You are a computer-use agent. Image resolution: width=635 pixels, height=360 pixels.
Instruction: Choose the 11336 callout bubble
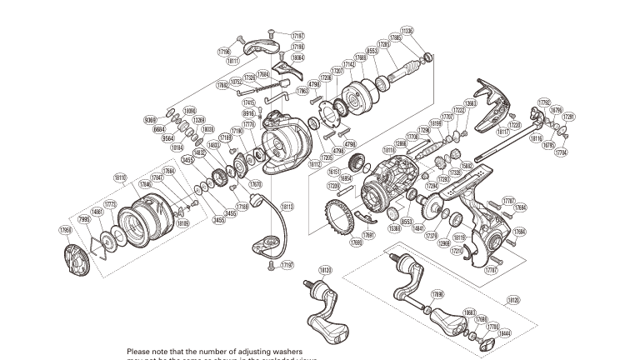430,31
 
